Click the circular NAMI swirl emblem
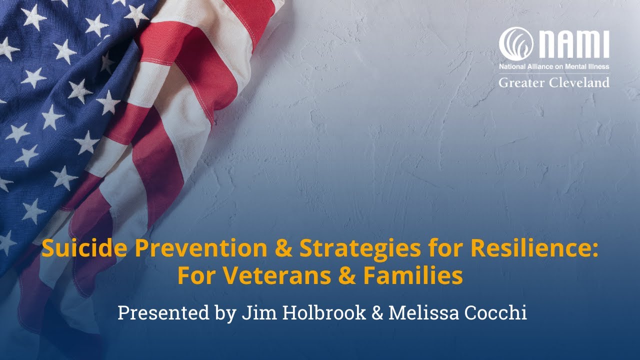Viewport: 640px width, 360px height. pyautogui.click(x=515, y=44)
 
